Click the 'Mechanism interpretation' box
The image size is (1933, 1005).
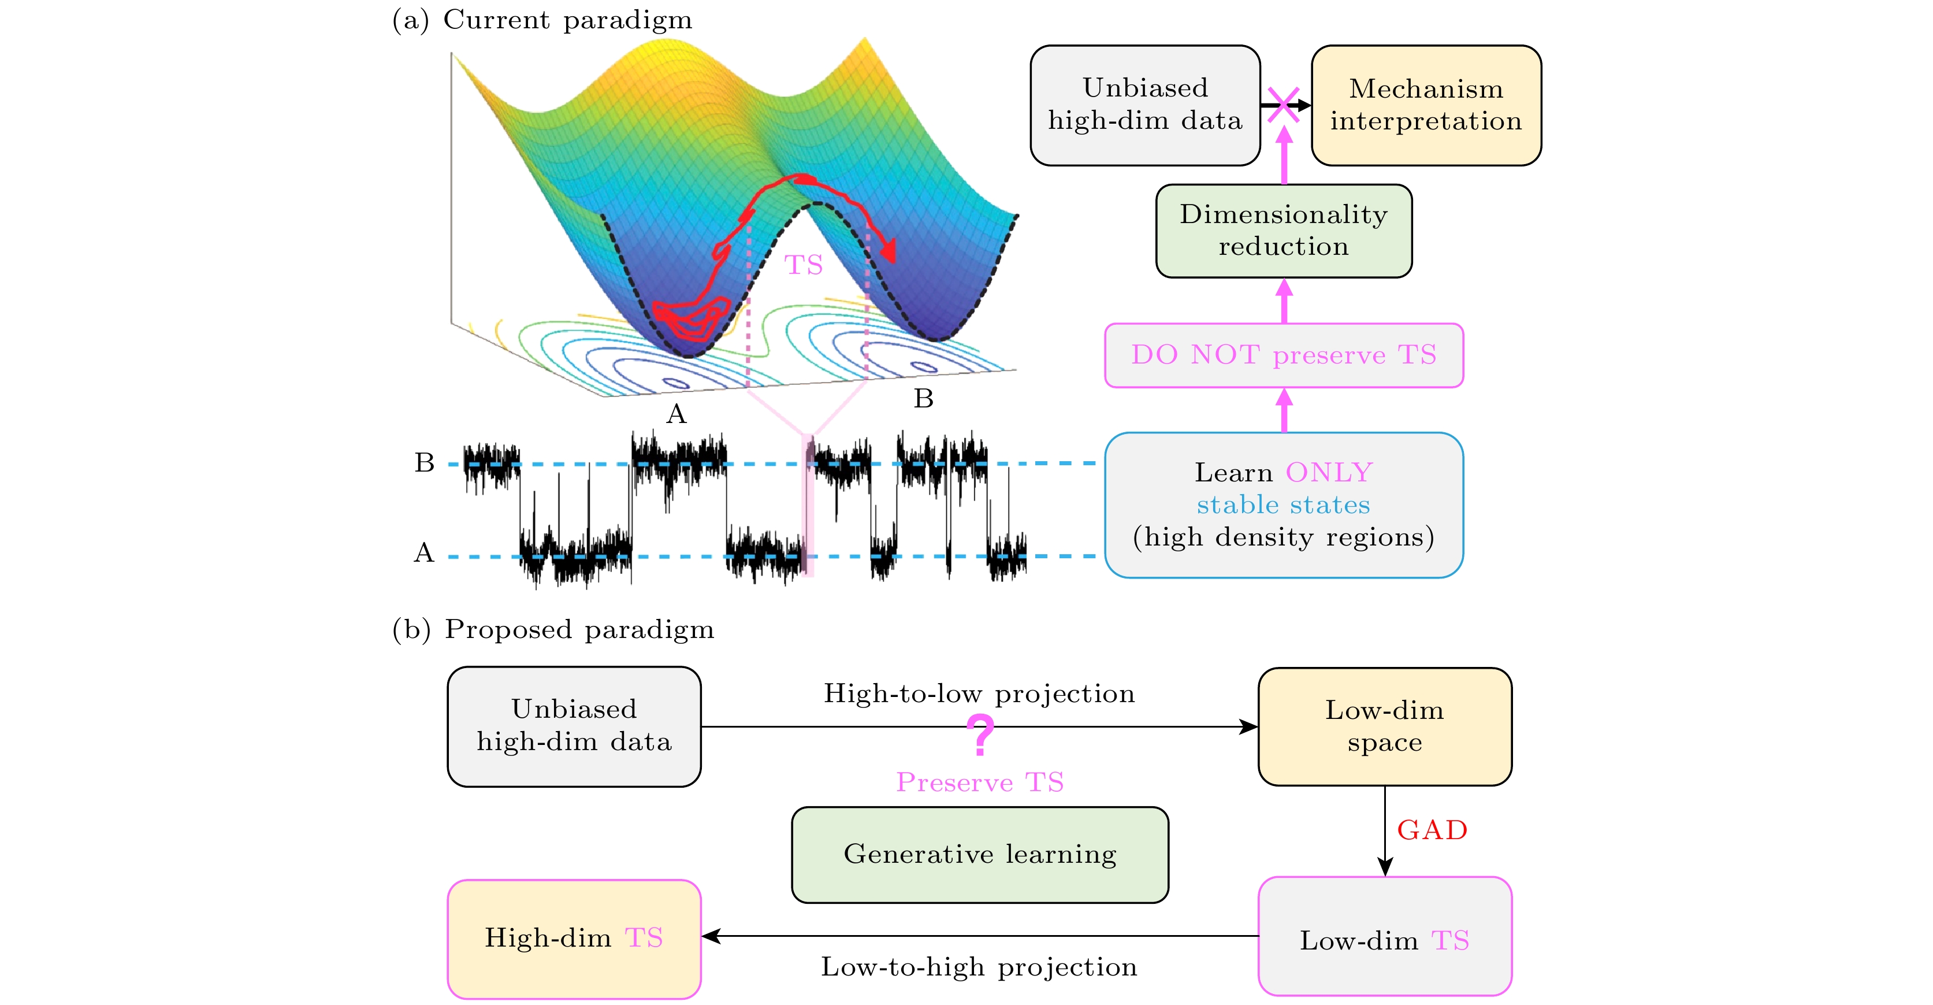[1425, 105]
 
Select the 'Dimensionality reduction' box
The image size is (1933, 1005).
[1283, 231]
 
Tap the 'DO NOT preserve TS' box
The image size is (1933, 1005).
[1283, 355]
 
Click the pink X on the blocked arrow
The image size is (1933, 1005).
[1283, 105]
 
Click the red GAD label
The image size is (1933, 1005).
[1432, 830]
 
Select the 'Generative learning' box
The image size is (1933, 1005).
[979, 854]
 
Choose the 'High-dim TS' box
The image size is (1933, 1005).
[574, 938]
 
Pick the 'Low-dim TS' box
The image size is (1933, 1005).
[1384, 938]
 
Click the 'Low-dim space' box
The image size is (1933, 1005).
[1384, 726]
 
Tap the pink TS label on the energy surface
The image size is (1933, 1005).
[804, 265]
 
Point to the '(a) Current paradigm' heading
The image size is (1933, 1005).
[542, 20]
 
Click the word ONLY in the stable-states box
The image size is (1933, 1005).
[1329, 473]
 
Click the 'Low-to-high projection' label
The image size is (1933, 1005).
[979, 967]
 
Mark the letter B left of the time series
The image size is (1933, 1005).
[425, 463]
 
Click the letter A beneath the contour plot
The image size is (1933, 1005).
[676, 414]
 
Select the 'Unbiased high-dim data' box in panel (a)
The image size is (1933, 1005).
[1145, 105]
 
